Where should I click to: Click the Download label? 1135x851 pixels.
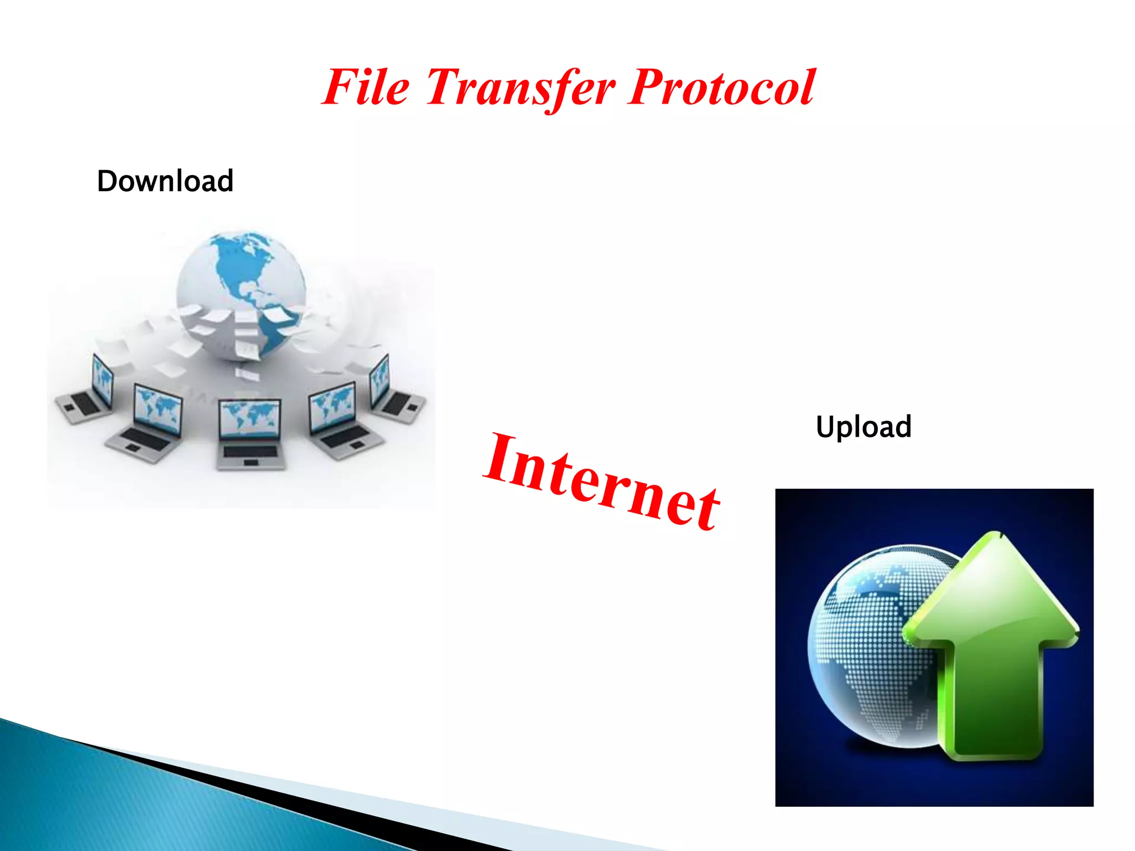(x=165, y=181)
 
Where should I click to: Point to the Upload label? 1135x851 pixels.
(x=863, y=427)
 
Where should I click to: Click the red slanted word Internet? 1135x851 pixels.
(x=602, y=481)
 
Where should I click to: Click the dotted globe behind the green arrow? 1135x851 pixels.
(x=865, y=643)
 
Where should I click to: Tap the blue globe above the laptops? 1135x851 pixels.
(x=242, y=294)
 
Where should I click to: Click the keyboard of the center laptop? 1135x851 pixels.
(x=250, y=451)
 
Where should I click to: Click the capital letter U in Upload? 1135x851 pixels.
(x=825, y=427)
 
